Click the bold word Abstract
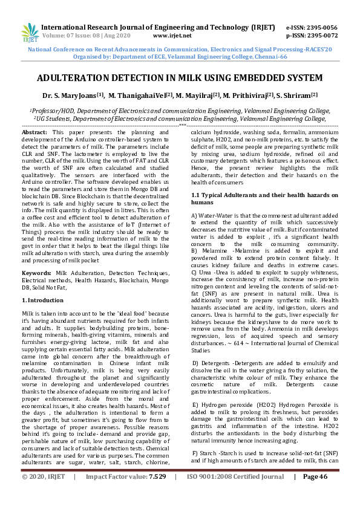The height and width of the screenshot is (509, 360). (35, 132)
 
